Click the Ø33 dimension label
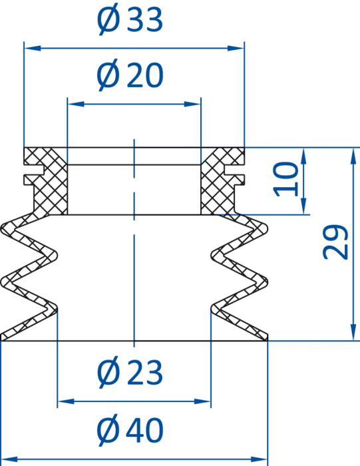tap(130, 19)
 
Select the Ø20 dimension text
tap(130, 75)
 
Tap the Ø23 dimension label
tap(130, 371)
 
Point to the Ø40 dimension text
tap(130, 429)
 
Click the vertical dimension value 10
tap(285, 179)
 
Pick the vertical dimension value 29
tap(335, 242)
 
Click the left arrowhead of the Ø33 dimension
tap(33, 48)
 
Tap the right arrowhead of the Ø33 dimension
tap(236, 48)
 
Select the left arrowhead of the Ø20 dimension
tap(76, 104)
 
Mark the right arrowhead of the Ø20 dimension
tap(192, 104)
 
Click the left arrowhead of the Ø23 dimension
tap(66, 401)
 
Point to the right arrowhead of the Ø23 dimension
tap(202, 401)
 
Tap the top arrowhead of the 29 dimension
tap(353, 156)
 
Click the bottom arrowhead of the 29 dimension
tap(353, 332)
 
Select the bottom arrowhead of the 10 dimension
tap(303, 206)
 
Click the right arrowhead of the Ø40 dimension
tap(260, 459)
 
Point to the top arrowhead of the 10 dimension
tap(303, 156)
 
